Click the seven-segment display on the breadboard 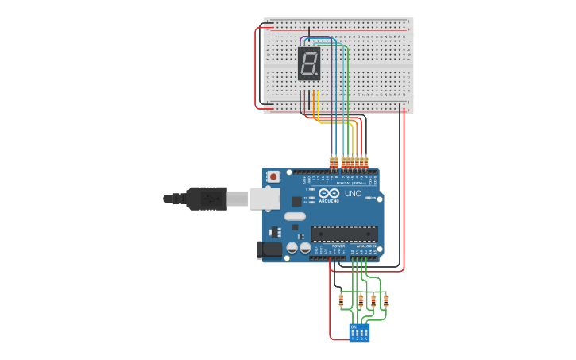coord(309,63)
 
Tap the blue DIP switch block coord(359,332)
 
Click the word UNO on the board coord(352,193)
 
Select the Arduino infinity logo coord(329,193)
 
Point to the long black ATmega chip coord(344,234)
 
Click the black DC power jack coord(271,250)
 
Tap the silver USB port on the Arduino coord(265,199)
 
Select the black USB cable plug coord(207,198)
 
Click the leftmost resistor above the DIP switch coord(341,301)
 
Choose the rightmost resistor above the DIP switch coord(385,301)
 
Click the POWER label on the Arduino coord(338,246)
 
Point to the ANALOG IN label coord(365,246)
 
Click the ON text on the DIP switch coord(354,326)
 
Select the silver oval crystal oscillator coord(295,216)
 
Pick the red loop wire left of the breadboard coord(256,68)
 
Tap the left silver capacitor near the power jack coord(292,248)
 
